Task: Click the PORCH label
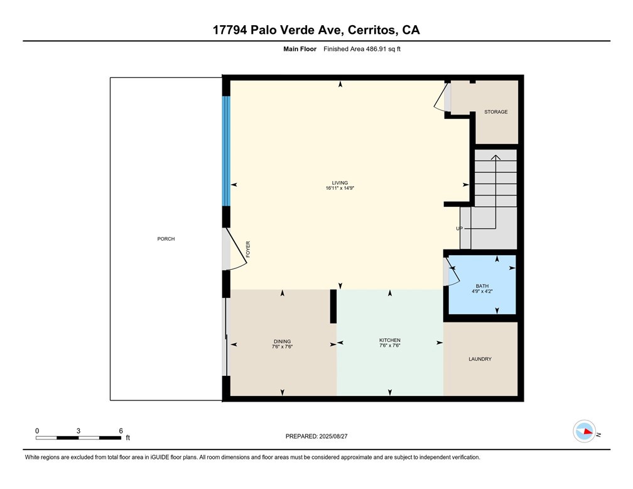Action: click(x=166, y=239)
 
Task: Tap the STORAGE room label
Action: click(x=495, y=112)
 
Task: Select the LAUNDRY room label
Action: click(x=480, y=359)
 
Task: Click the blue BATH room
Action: click(x=482, y=284)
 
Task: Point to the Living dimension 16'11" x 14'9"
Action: click(x=340, y=188)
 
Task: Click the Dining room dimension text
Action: click(x=282, y=346)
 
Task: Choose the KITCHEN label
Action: click(x=390, y=340)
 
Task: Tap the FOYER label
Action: click(x=248, y=249)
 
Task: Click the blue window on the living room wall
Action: click(x=227, y=151)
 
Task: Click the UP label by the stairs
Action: click(x=460, y=228)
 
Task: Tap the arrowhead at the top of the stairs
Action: click(x=495, y=157)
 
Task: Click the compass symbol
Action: click(x=584, y=431)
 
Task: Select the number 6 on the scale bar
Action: click(x=121, y=431)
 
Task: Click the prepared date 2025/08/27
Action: click(x=333, y=436)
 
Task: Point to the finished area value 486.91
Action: click(x=376, y=49)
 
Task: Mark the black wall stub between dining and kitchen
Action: click(x=333, y=306)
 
